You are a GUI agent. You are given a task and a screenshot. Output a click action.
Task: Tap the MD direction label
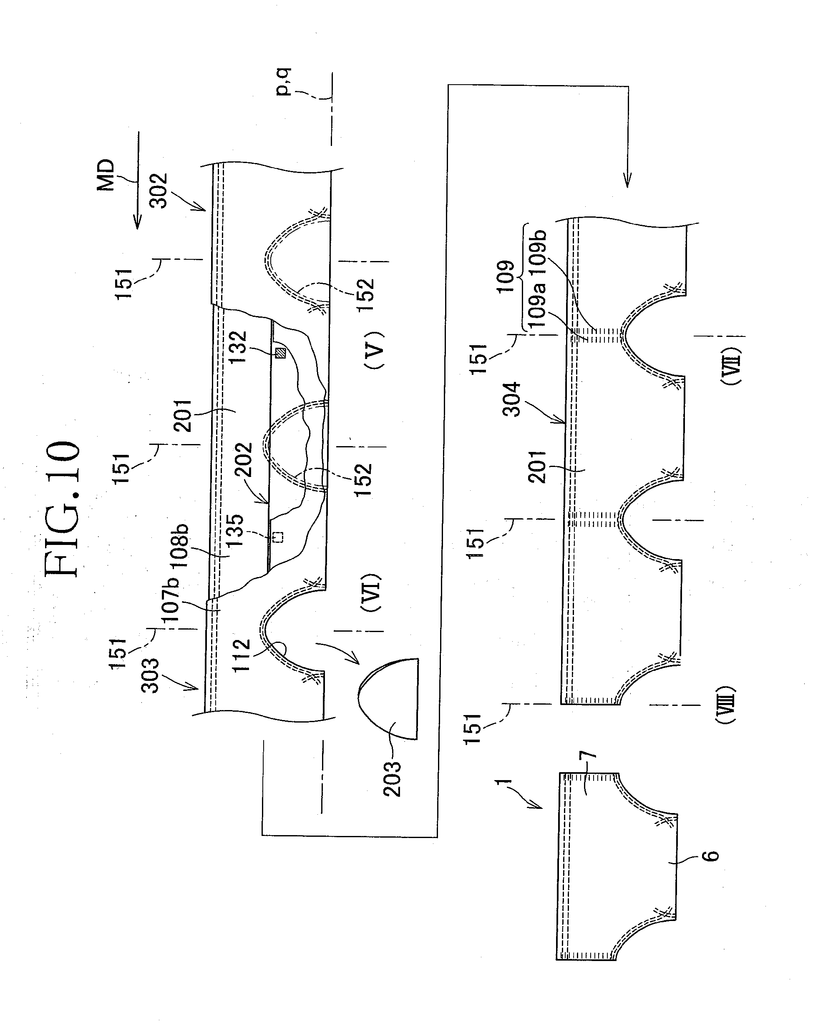106,175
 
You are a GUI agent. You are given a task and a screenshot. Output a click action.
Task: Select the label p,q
284,82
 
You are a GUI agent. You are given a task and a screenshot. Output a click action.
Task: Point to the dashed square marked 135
279,537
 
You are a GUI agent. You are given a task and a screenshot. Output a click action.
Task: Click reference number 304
512,400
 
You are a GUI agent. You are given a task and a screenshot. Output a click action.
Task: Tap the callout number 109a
536,304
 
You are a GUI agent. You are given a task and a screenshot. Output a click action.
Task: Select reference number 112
242,655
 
